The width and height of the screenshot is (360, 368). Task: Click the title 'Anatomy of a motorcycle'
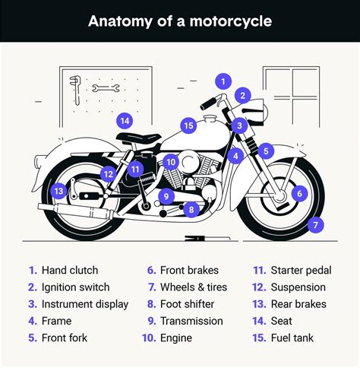point(179,21)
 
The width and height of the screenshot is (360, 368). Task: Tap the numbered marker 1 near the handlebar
point(223,81)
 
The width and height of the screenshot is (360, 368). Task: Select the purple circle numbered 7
point(316,224)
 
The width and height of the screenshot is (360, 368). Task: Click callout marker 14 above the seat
point(125,120)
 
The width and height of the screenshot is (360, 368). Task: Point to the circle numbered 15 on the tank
point(189,125)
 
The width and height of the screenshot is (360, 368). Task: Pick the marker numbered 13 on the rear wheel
point(59,192)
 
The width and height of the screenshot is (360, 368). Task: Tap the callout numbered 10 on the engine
point(171,162)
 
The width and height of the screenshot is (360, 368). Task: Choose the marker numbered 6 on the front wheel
point(299,194)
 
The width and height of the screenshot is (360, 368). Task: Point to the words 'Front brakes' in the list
point(189,271)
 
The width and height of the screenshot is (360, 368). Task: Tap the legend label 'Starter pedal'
point(301,271)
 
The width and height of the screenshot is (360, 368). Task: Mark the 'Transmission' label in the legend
point(191,321)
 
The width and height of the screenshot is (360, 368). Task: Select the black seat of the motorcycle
point(140,138)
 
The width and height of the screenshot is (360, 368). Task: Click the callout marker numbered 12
point(109,173)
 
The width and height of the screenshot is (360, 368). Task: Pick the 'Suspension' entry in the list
point(298,287)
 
